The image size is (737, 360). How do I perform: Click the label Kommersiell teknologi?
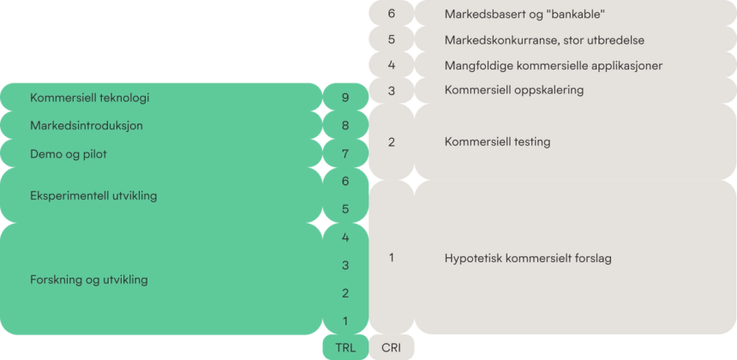(90, 98)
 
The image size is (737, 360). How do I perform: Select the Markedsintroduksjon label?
(87, 126)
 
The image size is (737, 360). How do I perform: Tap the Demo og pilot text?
(69, 154)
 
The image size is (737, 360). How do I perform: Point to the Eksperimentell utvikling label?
(93, 195)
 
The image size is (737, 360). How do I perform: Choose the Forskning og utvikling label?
(89, 279)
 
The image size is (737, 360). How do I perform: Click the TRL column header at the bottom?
(345, 348)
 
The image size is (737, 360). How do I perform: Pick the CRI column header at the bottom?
(391, 348)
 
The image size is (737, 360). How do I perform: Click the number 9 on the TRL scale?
(345, 98)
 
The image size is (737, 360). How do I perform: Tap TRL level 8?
(345, 126)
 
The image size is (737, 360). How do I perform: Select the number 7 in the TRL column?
(345, 154)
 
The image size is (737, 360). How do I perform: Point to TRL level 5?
(345, 209)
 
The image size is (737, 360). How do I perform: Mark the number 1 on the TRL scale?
(345, 321)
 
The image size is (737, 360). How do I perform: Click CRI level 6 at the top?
(392, 14)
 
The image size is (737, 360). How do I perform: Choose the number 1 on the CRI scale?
(392, 257)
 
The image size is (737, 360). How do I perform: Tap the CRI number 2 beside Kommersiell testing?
(392, 142)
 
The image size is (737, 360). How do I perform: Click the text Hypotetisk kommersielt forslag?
(528, 258)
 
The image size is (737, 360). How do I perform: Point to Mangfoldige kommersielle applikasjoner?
(553, 66)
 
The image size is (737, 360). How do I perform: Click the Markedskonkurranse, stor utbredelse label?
(544, 40)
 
